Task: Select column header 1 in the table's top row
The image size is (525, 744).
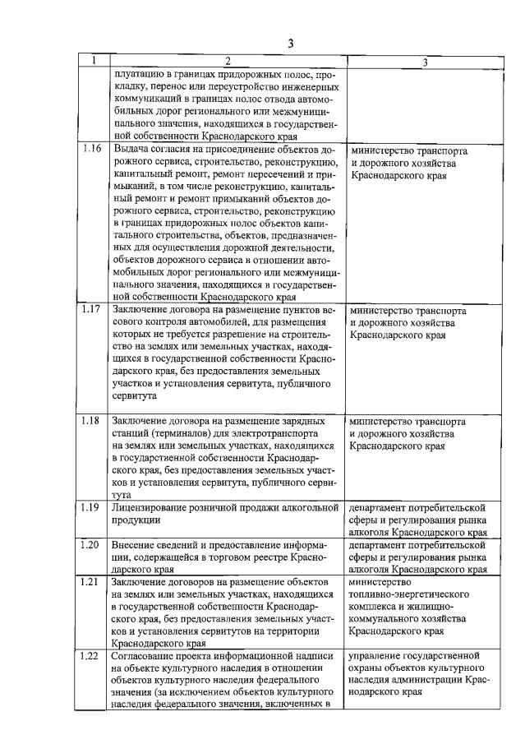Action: (94, 60)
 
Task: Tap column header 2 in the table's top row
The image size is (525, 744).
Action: (227, 61)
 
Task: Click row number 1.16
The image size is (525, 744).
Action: (93, 151)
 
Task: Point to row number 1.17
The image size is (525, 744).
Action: (93, 311)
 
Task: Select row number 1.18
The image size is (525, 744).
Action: (93, 421)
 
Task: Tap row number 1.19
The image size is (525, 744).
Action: (93, 507)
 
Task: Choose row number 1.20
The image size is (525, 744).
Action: (93, 545)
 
